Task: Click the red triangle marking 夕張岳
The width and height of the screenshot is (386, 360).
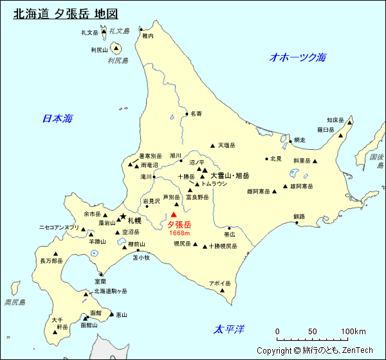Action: (173, 215)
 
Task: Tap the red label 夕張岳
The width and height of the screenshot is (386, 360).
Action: (179, 225)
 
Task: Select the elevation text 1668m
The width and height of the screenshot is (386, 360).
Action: (179, 233)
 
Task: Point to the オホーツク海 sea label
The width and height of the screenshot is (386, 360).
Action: (298, 57)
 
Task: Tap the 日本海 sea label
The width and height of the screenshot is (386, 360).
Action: (57, 118)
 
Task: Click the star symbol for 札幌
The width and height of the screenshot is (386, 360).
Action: (122, 217)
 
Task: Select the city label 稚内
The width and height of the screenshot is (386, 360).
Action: (148, 37)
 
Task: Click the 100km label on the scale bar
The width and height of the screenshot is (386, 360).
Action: (353, 332)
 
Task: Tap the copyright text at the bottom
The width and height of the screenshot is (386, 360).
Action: (315, 350)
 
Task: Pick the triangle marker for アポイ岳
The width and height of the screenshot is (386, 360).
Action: (223, 291)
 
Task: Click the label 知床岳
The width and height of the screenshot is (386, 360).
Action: (336, 120)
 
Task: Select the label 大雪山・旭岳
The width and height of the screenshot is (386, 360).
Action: (230, 175)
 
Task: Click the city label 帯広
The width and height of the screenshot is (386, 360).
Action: (230, 235)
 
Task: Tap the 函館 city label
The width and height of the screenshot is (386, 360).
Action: (95, 313)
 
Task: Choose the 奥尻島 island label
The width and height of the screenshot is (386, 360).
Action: (14, 302)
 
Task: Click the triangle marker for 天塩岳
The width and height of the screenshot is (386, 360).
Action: (212, 145)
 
